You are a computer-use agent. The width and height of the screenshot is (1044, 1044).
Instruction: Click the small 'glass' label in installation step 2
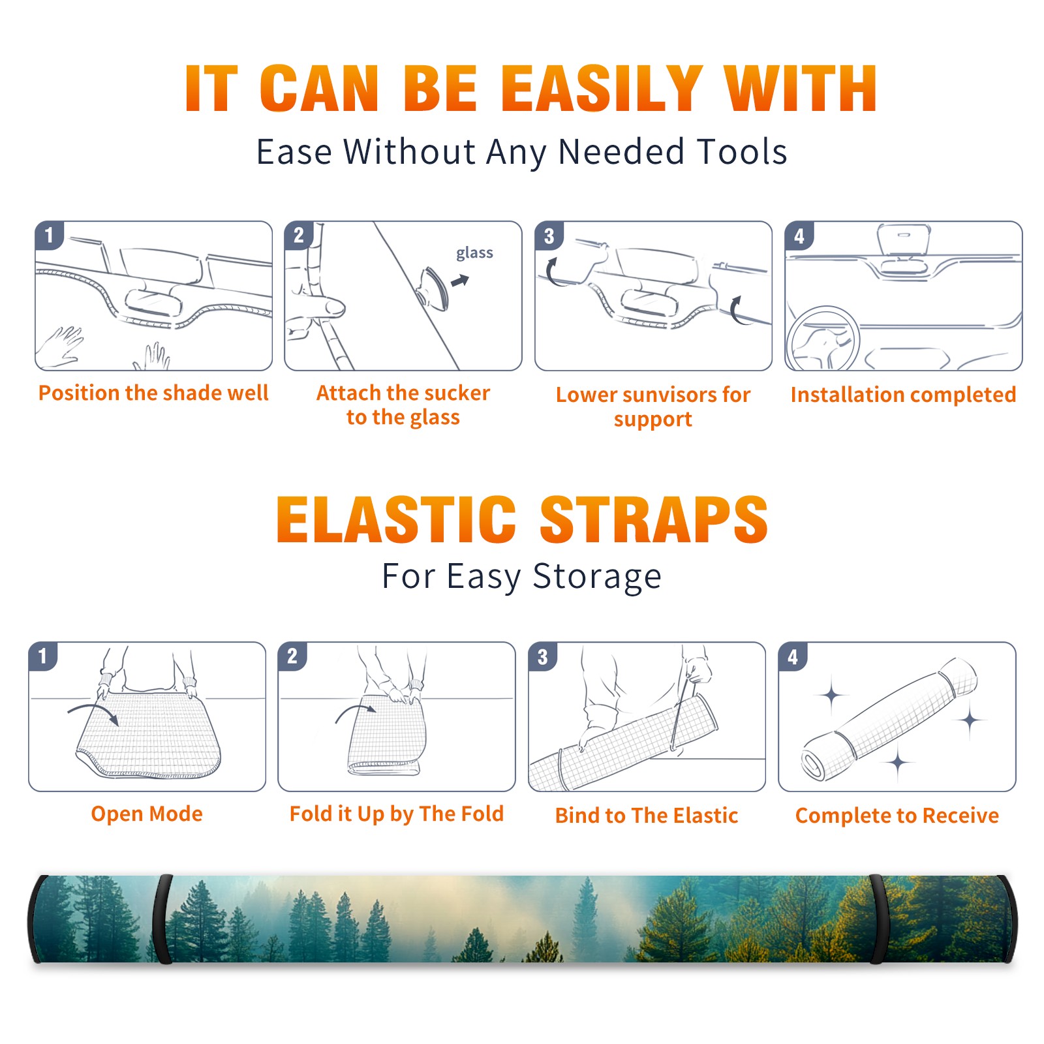click(x=474, y=253)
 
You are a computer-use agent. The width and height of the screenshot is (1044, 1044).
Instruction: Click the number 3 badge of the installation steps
click(x=549, y=236)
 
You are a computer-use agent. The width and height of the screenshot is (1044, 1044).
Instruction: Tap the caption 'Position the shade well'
click(x=153, y=393)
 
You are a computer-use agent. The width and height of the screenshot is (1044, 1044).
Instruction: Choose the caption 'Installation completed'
click(x=903, y=394)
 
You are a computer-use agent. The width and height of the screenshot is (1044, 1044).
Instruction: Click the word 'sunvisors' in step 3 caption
click(x=666, y=394)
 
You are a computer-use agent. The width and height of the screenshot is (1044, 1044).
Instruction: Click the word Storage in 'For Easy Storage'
click(x=597, y=577)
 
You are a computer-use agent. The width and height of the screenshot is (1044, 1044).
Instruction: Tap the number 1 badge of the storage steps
click(x=43, y=656)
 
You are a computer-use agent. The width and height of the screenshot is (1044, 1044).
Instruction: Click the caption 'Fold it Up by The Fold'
click(x=397, y=814)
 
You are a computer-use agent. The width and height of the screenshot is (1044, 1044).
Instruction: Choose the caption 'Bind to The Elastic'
click(x=647, y=815)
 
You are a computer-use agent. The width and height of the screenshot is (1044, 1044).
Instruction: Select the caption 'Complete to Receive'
click(x=897, y=815)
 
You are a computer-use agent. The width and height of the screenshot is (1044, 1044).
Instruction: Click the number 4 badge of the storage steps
click(x=793, y=656)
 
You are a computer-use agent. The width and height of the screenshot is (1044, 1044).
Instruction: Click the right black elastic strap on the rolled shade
click(x=878, y=919)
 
